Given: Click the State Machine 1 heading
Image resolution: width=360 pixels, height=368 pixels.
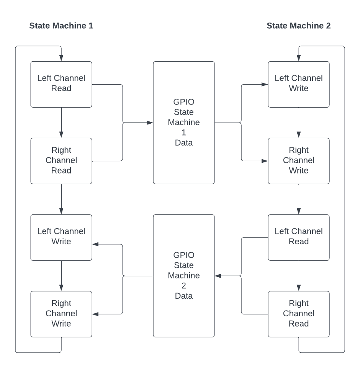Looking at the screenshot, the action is [x=61, y=26].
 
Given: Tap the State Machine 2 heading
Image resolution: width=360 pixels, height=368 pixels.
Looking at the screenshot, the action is [x=298, y=26].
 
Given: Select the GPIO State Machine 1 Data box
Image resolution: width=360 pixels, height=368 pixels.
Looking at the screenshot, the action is [x=184, y=123].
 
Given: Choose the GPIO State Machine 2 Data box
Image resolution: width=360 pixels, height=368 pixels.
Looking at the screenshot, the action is [x=184, y=276].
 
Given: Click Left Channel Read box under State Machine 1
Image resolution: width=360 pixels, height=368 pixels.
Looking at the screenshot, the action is [x=61, y=84].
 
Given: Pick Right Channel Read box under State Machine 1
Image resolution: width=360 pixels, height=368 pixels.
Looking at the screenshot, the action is [x=61, y=161].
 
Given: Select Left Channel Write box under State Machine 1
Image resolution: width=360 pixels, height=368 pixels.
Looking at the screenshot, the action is [x=61, y=237].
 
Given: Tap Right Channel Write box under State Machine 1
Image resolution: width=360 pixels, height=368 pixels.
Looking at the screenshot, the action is [x=61, y=314].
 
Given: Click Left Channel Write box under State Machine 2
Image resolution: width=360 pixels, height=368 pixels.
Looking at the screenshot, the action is [x=299, y=84].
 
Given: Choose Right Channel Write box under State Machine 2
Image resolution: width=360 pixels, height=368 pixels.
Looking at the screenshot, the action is [x=299, y=161].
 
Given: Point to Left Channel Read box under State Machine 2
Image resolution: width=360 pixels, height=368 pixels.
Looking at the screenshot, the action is [x=299, y=237].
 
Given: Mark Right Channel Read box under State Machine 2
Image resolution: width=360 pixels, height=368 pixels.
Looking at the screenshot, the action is [x=299, y=314].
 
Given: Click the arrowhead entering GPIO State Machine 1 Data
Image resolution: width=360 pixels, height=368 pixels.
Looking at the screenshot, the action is [x=150, y=123].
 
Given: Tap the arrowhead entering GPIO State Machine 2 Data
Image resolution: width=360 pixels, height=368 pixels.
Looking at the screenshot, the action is [x=218, y=276].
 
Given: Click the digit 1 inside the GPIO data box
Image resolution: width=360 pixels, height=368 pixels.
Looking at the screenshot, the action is [x=184, y=132].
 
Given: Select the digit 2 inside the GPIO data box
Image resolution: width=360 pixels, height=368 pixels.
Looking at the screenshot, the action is [x=184, y=286].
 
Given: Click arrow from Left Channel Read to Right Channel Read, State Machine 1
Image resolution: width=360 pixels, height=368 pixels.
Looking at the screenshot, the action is [x=61, y=123].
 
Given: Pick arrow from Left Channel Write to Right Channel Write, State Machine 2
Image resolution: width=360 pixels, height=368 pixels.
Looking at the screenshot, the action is [x=299, y=123].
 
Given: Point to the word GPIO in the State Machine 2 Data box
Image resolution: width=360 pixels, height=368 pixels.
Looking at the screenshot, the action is [x=184, y=255].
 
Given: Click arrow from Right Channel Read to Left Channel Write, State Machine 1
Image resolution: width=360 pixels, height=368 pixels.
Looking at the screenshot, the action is [x=61, y=199].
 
